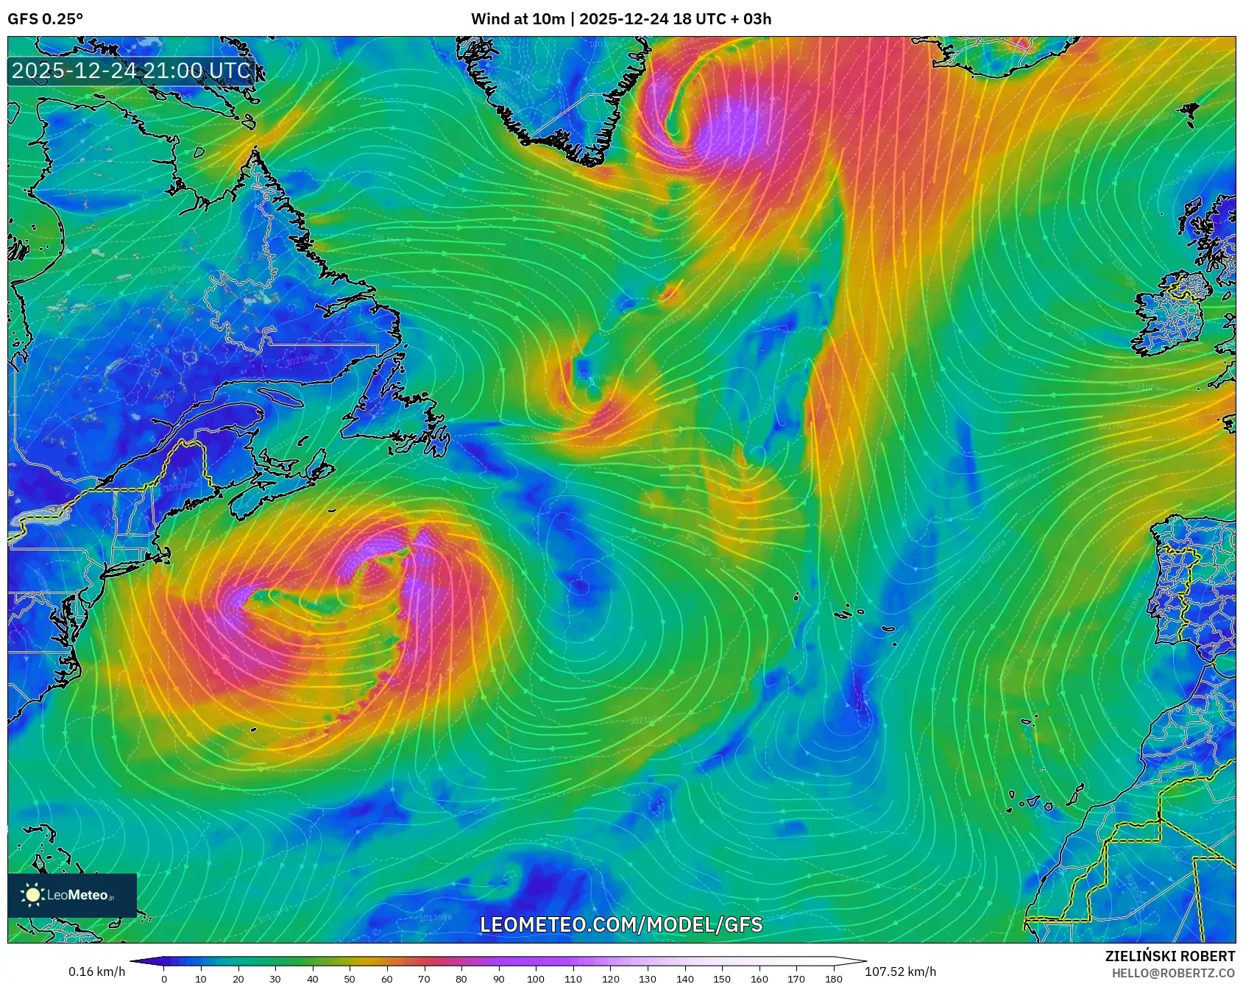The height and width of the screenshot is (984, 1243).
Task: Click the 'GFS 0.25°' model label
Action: [x=45, y=18]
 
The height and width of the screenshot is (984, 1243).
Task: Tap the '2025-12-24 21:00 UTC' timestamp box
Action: [x=132, y=71]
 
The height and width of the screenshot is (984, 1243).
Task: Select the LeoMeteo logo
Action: [x=72, y=895]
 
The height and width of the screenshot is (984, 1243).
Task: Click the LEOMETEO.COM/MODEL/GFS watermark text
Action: [x=621, y=924]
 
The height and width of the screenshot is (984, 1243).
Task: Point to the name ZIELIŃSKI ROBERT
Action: [x=1169, y=956]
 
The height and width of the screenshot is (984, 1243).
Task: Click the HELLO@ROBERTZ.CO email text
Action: [x=1173, y=973]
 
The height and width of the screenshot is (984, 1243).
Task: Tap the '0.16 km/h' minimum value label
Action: [x=96, y=971]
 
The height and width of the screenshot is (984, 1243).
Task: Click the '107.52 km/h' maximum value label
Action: [x=900, y=971]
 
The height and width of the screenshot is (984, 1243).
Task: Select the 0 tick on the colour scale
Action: [x=164, y=978]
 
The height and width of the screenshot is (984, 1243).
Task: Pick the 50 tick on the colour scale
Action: [x=350, y=978]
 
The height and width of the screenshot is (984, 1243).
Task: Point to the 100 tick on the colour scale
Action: [x=536, y=978]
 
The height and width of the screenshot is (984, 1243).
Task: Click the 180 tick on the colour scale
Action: [x=833, y=978]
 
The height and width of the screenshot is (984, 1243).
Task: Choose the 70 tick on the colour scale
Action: [x=424, y=978]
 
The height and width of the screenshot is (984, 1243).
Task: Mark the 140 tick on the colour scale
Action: [x=684, y=978]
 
